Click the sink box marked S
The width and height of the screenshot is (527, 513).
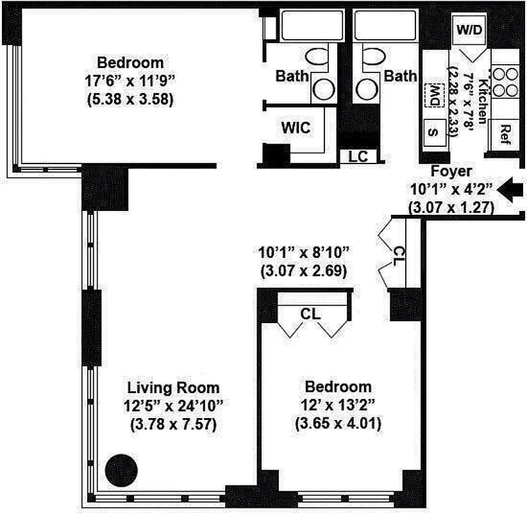point(434,133)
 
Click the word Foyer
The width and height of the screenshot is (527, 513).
point(451,171)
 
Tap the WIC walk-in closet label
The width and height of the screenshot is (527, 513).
point(296,128)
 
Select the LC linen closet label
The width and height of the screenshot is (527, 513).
point(358,156)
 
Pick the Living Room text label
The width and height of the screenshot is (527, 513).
point(173,387)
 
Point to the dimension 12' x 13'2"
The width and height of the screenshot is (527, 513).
point(338,405)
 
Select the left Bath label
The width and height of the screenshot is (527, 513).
point(292,76)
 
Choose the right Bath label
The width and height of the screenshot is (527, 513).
point(400,76)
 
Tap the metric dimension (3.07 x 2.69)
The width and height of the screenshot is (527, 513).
point(303,271)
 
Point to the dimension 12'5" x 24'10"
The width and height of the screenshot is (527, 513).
point(173,405)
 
